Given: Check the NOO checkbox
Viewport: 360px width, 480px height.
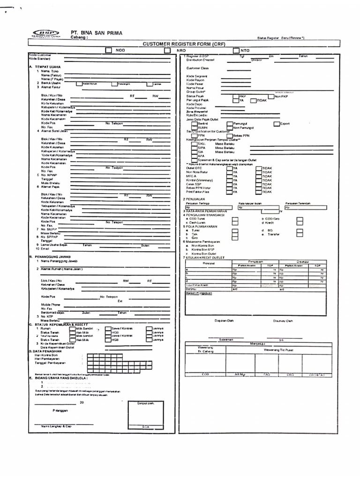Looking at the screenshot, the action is click(x=108, y=50).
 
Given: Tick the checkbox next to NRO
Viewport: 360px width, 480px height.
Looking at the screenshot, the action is click(x=167, y=50).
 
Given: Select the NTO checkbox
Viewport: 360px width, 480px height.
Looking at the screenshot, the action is click(x=236, y=50).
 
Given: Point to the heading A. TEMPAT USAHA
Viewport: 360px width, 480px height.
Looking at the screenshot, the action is click(x=45, y=67).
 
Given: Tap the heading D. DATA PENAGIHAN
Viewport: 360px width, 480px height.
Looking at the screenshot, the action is click(x=46, y=351).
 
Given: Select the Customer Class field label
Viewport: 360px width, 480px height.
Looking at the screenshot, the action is click(x=196, y=68).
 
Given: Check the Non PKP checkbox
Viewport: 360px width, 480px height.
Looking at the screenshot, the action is click(x=272, y=96).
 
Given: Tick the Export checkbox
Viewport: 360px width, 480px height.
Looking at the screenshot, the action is click(x=276, y=124).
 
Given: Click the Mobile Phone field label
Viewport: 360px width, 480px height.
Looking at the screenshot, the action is click(x=51, y=305).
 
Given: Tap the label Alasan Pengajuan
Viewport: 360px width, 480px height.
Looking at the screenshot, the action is click(x=199, y=293).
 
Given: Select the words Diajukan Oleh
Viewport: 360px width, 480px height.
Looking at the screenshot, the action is click(x=224, y=321).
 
